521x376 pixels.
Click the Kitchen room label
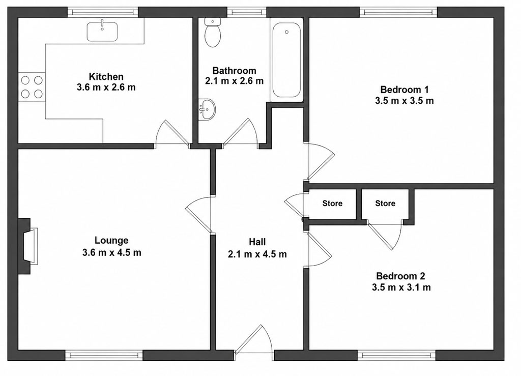click(x=106, y=76)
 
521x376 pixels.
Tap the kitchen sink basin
click(x=102, y=32)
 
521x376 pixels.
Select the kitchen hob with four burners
click(x=32, y=87)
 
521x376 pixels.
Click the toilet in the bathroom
click(x=213, y=33)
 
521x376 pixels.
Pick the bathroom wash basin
click(x=207, y=109)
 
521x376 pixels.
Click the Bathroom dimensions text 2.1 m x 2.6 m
click(x=234, y=81)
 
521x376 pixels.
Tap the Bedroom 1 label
click(x=404, y=90)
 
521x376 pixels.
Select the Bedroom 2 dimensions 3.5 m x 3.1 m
click(x=401, y=287)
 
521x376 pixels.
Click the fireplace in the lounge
click(x=28, y=246)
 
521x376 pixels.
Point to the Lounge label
click(x=111, y=240)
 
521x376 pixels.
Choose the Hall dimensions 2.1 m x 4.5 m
click(x=257, y=254)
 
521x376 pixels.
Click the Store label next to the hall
click(x=332, y=203)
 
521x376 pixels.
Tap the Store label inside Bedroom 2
click(x=385, y=203)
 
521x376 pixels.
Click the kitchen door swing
click(x=172, y=133)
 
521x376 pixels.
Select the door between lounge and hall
click(x=198, y=214)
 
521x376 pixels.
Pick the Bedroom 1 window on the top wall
click(x=398, y=13)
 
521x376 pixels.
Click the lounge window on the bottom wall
click(x=104, y=355)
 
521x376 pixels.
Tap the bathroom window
click(x=247, y=13)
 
